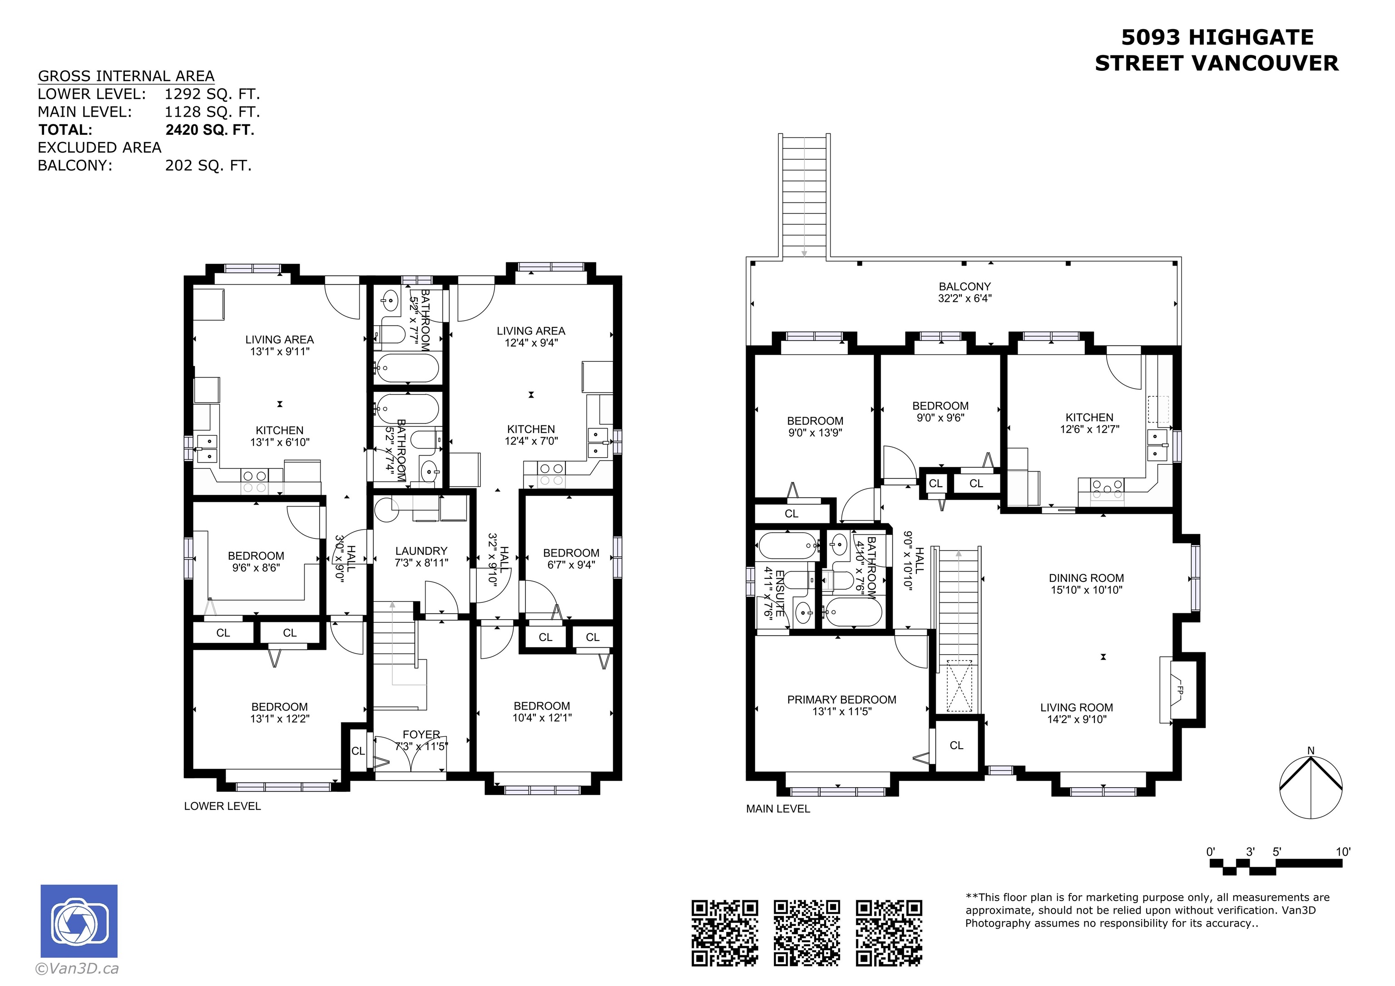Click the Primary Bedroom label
[841, 700]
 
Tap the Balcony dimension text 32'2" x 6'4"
[965, 298]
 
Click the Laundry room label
[421, 551]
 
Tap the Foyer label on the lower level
[421, 735]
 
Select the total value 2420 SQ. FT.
[210, 130]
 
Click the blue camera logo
[79, 921]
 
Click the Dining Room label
[1086, 578]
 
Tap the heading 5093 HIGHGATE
[1217, 38]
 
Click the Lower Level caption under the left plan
[223, 806]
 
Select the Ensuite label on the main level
[780, 593]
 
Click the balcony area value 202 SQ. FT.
[208, 166]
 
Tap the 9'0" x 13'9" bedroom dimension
[815, 433]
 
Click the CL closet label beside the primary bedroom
[956, 745]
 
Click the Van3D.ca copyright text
[77, 968]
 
